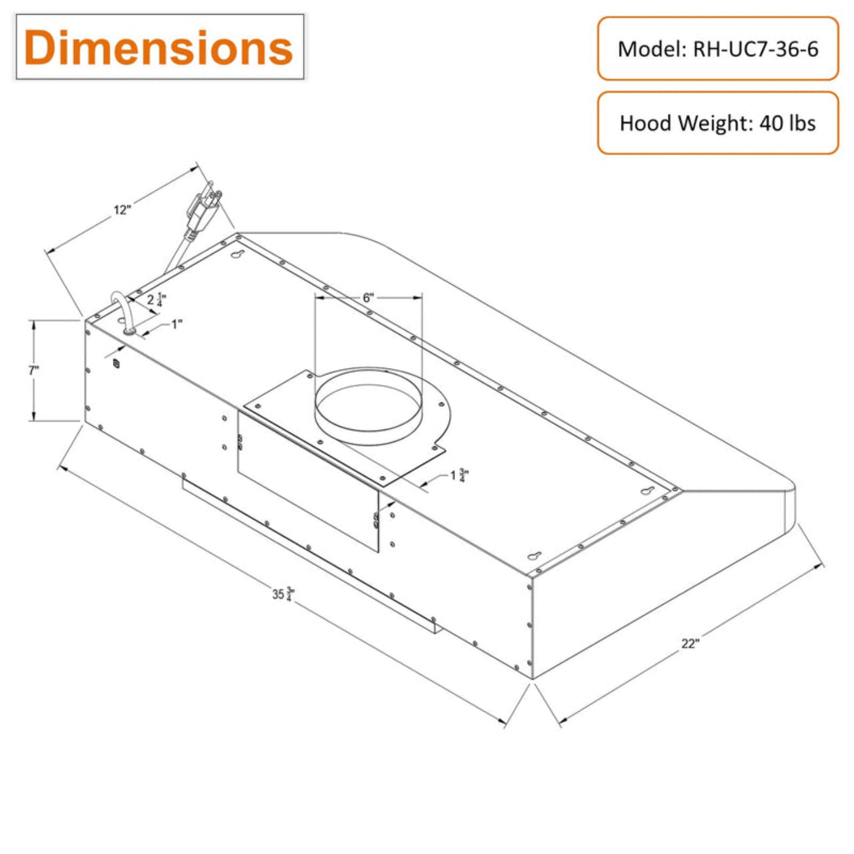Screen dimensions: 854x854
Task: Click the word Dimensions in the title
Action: (158, 47)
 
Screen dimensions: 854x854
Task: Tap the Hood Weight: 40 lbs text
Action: (717, 123)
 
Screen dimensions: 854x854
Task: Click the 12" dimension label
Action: (123, 209)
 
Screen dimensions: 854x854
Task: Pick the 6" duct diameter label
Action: (368, 297)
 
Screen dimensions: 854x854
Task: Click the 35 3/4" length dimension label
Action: (284, 594)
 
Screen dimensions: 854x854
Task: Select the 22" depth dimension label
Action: (690, 644)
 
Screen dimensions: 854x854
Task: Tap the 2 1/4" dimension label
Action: (157, 300)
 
